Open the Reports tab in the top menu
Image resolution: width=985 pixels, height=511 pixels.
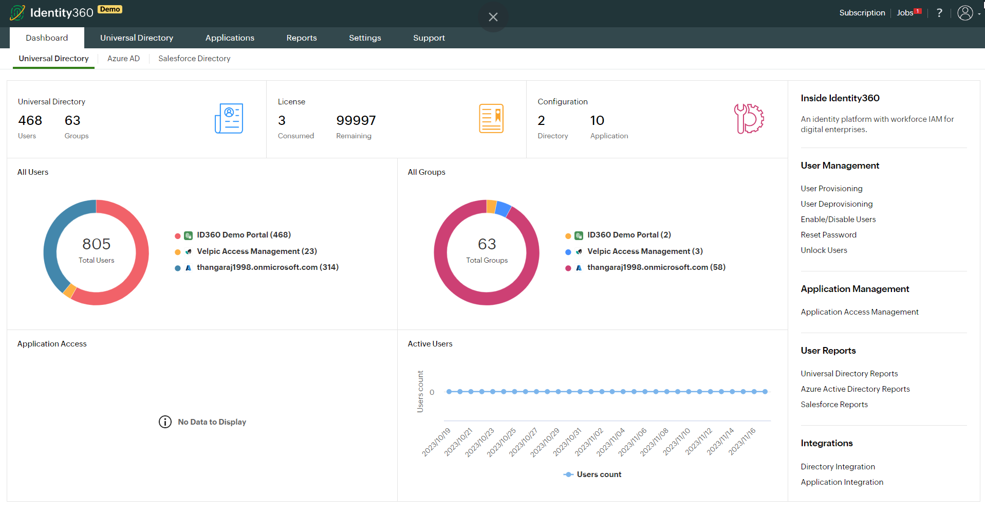click(x=302, y=38)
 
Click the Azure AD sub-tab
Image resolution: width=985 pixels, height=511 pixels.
click(x=123, y=59)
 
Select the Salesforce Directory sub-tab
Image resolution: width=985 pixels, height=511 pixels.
click(x=194, y=59)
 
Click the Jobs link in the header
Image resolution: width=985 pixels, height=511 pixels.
click(x=905, y=13)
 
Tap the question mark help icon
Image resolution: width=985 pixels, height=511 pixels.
click(x=939, y=13)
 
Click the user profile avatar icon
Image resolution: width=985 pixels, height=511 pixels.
click(x=965, y=13)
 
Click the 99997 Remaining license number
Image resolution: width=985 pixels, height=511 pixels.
click(x=356, y=121)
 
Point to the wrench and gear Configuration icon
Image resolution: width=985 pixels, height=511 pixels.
click(x=749, y=119)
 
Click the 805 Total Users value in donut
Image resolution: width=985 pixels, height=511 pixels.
click(x=97, y=244)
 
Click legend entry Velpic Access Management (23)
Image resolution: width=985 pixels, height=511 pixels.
click(x=256, y=251)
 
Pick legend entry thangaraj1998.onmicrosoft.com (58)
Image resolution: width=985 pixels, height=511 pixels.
click(x=656, y=267)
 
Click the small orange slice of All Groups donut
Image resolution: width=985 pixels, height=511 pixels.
click(x=491, y=206)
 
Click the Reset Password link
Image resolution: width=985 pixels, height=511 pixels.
click(x=828, y=235)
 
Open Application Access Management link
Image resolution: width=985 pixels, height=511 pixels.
click(x=859, y=312)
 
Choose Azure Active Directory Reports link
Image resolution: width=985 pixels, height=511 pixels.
click(x=855, y=389)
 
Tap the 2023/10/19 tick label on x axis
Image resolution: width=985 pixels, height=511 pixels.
click(x=436, y=442)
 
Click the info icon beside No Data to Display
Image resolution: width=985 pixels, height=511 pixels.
click(x=165, y=422)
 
